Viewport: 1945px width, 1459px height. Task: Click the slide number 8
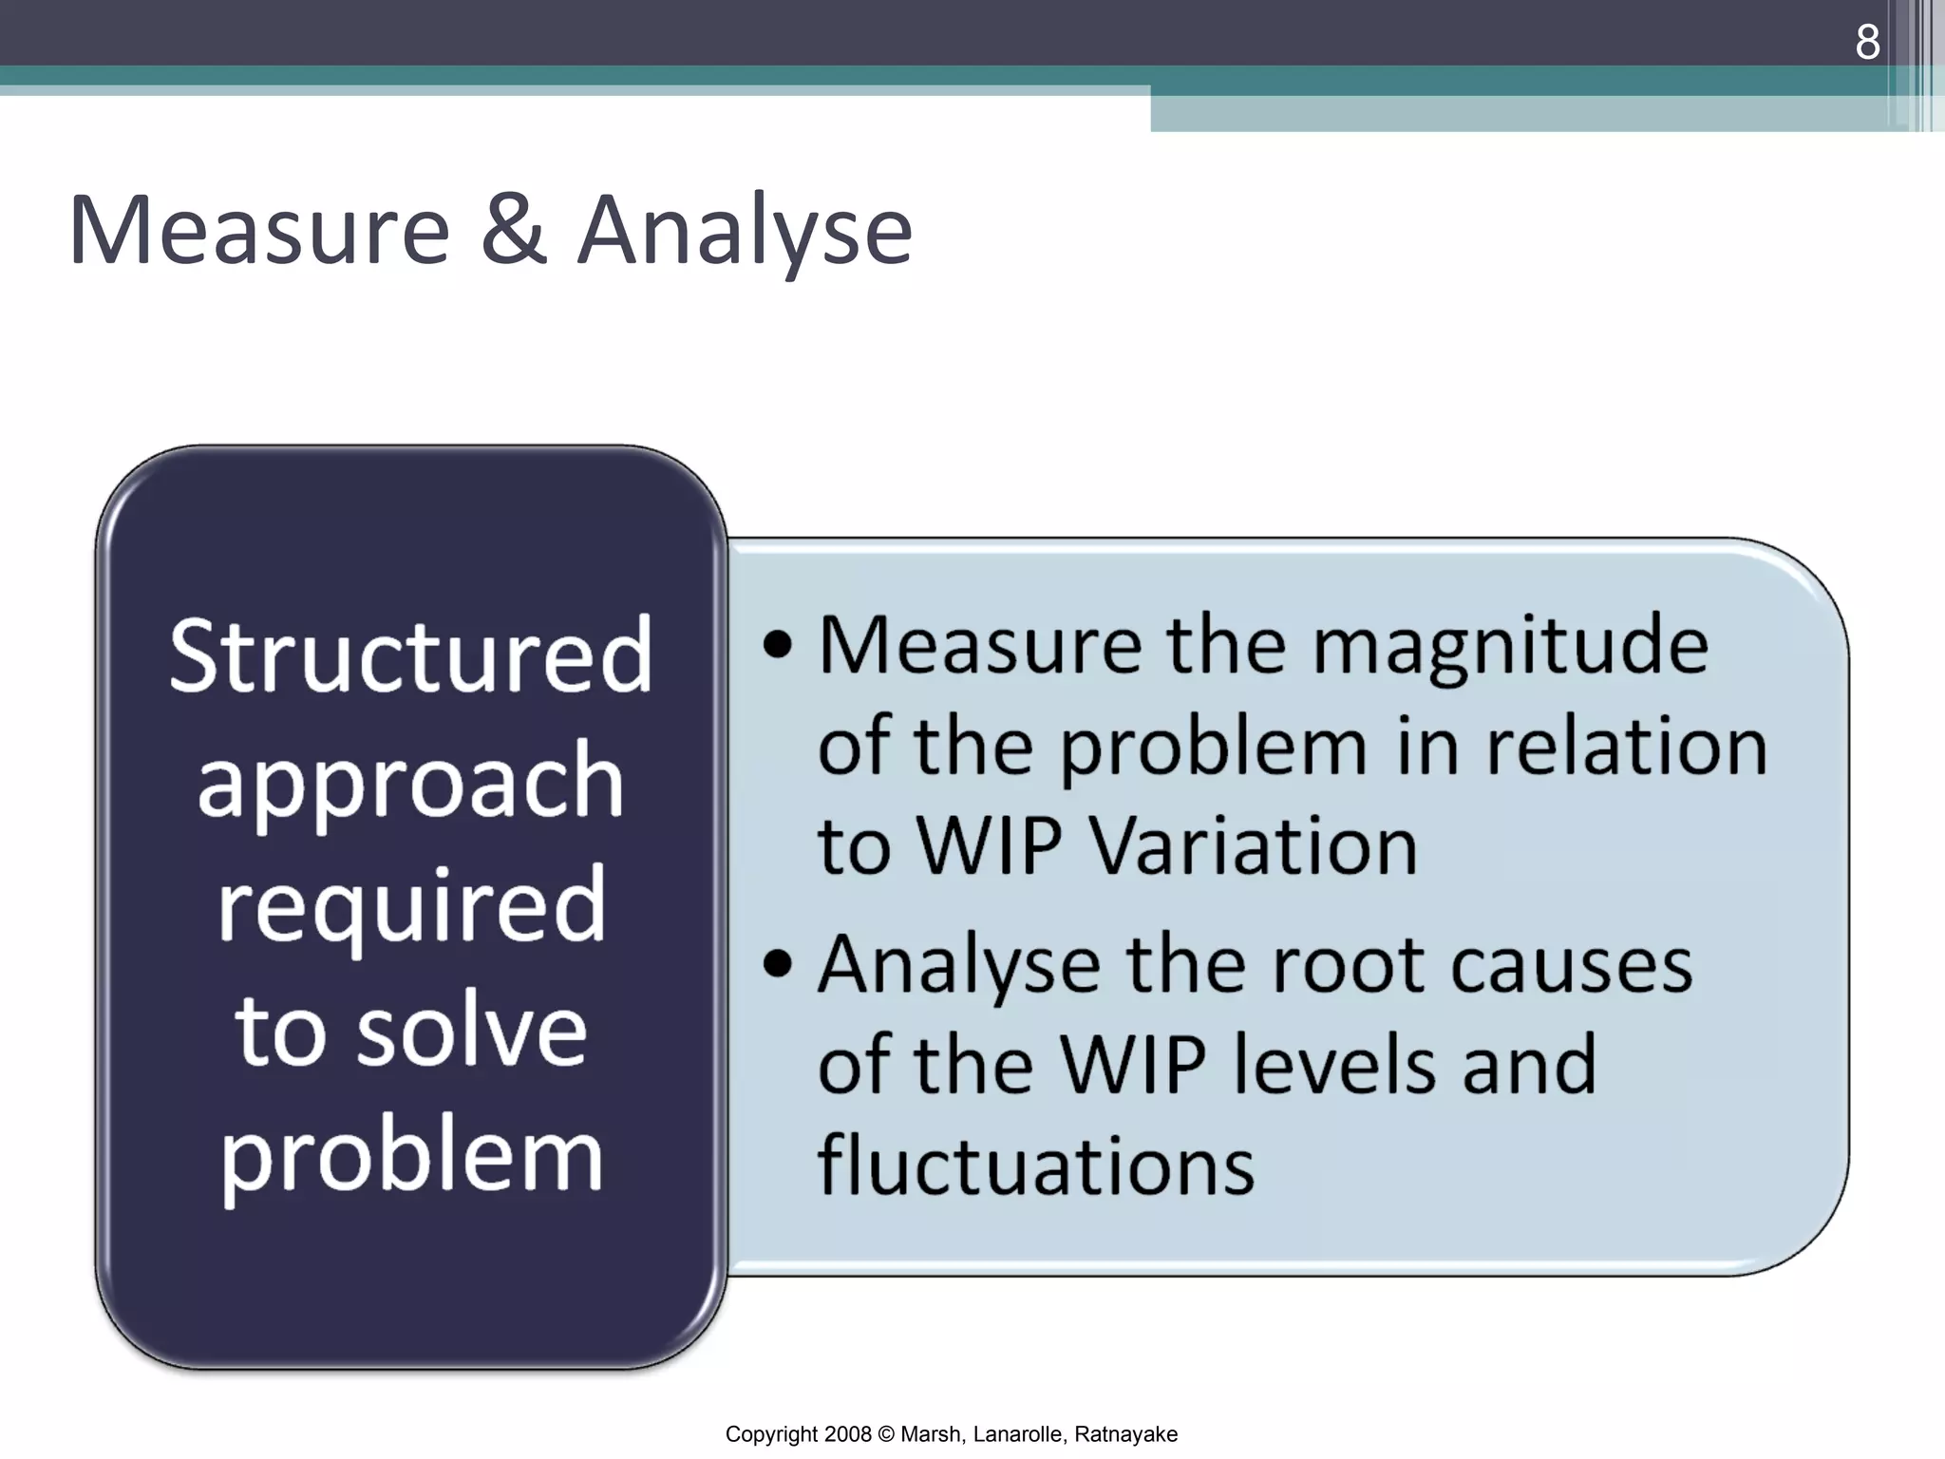click(x=1867, y=43)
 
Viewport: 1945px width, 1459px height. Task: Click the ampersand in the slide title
click(x=513, y=231)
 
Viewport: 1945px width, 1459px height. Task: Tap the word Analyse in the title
click(x=745, y=231)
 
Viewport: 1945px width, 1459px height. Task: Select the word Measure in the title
click(x=258, y=231)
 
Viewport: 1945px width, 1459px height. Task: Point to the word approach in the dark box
click(x=410, y=784)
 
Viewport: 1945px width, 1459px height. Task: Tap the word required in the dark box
click(x=410, y=907)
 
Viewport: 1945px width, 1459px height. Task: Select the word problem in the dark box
click(x=410, y=1157)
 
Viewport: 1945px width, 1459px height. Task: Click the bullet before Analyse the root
click(x=777, y=964)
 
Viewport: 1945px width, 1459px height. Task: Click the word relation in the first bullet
click(x=1626, y=747)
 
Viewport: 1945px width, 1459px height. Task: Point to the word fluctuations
click(x=1035, y=1165)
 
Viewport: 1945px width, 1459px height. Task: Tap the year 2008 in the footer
click(x=847, y=1434)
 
